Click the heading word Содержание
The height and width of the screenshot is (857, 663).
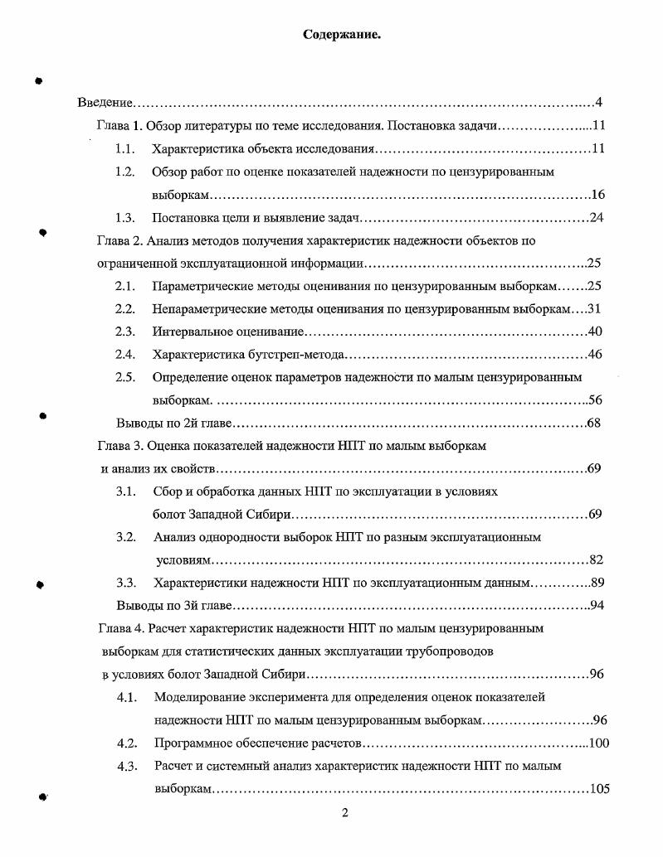(341, 35)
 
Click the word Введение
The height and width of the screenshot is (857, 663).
(105, 103)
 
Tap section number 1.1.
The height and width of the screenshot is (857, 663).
(125, 149)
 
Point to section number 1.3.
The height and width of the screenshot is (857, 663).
(125, 218)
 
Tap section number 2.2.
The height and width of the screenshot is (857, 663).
(125, 309)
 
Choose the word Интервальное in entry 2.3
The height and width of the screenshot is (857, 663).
(190, 332)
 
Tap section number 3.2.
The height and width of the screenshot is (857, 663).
(126, 537)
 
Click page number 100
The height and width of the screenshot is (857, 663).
(598, 743)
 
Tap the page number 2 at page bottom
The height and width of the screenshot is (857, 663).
(345, 812)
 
